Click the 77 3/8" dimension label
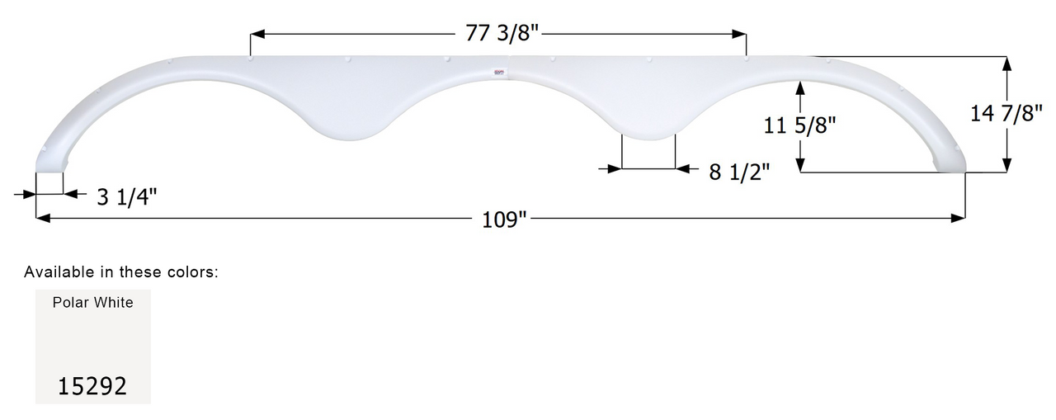coord(498,34)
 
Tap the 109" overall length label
coord(501,219)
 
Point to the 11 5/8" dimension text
coord(800,125)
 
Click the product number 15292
coord(92,386)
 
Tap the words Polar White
coord(92,303)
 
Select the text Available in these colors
coord(121,271)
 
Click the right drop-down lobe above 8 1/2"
coord(648,128)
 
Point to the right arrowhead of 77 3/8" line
coord(740,35)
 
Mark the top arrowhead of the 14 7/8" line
coord(1006,63)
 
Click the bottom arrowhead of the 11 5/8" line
coord(800,166)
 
